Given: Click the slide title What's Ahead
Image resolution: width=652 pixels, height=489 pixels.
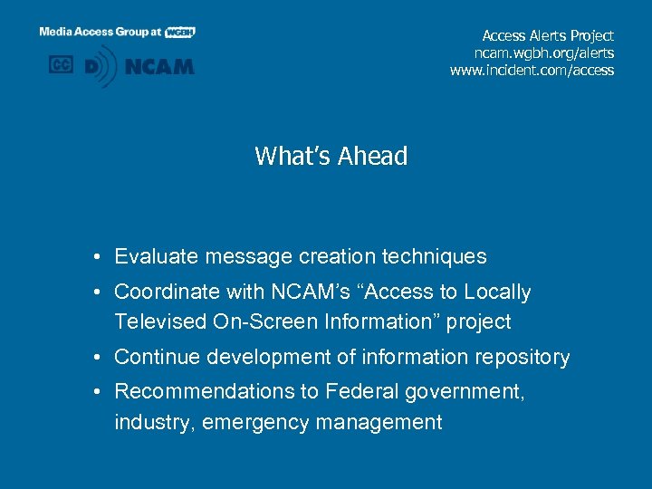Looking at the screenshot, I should pos(331,157).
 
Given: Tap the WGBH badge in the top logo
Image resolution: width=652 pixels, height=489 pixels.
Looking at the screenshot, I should pos(180,32).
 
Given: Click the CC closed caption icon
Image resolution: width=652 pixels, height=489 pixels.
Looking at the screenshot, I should pos(61,65).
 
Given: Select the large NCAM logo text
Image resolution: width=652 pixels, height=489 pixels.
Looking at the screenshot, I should pos(159,66).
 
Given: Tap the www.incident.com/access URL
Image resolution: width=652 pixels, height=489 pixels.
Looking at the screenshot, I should pos(532,70).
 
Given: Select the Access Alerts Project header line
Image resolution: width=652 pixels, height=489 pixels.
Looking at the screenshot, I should pos(548,35).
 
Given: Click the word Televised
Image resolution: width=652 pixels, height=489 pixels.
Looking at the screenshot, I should pos(158,321).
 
